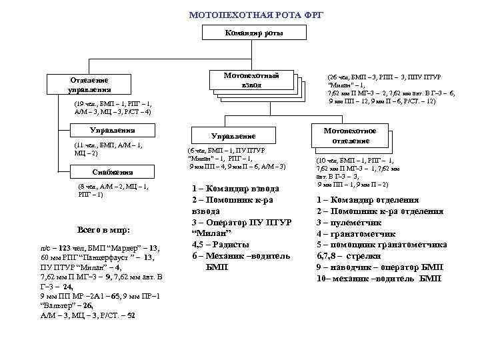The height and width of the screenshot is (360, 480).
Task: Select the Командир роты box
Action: pos(253,33)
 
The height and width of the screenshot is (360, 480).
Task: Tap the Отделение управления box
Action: pos(89,85)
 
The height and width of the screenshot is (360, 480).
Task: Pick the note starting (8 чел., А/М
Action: pos(113,190)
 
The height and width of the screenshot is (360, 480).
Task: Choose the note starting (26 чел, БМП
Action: pos(393,89)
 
